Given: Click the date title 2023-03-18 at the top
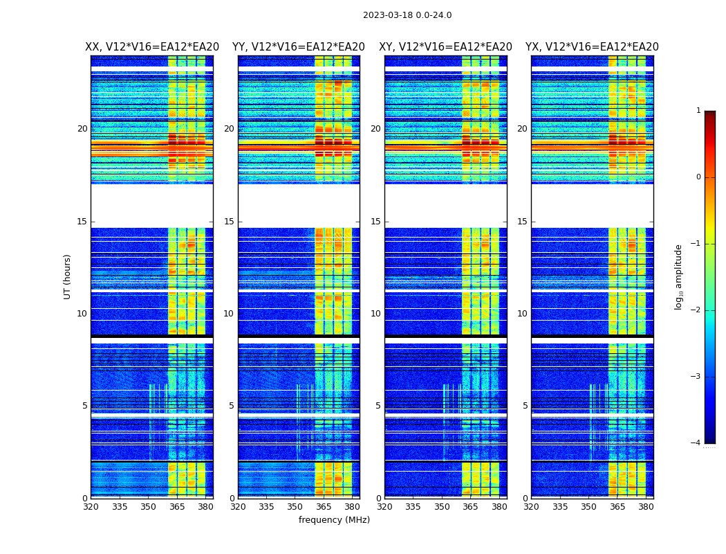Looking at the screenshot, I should pyautogui.click(x=407, y=15).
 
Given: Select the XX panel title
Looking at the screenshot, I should pyautogui.click(x=152, y=47).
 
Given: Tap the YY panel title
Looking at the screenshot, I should pyautogui.click(x=299, y=47).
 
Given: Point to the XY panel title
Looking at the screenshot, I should pyautogui.click(x=445, y=47).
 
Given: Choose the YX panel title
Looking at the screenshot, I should pyautogui.click(x=592, y=47).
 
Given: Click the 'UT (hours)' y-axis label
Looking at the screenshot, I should pyautogui.click(x=68, y=276).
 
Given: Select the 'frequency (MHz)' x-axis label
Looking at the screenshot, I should pyautogui.click(x=334, y=520).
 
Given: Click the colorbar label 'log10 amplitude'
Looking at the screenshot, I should pyautogui.click(x=679, y=276).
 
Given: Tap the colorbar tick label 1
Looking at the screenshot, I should pyautogui.click(x=698, y=111).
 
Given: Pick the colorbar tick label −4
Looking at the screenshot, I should pyautogui.click(x=696, y=443).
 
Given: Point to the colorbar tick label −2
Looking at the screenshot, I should pyautogui.click(x=696, y=310).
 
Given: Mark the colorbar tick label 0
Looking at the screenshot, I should pyautogui.click(x=698, y=177).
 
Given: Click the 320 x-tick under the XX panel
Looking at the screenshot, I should pyautogui.click(x=91, y=507).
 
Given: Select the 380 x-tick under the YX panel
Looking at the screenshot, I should pyautogui.click(x=646, y=507).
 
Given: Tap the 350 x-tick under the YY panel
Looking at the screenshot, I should pyautogui.click(x=295, y=507).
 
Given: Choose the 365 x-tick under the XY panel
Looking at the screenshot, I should pyautogui.click(x=471, y=507).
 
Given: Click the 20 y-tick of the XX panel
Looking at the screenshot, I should pyautogui.click(x=82, y=129).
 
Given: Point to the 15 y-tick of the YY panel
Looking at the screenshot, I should pyautogui.click(x=229, y=222).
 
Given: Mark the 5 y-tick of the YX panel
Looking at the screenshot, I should pyautogui.click(x=525, y=406).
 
